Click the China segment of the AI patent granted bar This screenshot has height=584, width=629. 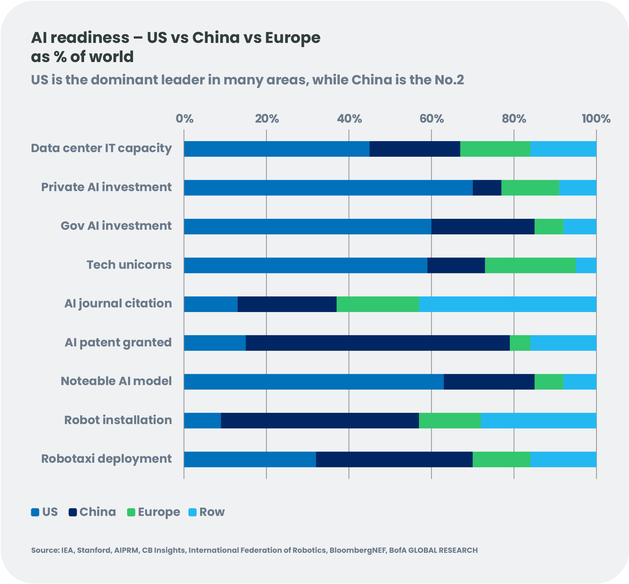[x=377, y=343]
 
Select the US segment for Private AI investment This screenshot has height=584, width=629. [x=328, y=188]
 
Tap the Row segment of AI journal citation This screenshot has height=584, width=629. [x=508, y=304]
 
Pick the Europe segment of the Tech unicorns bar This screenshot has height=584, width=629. [x=530, y=265]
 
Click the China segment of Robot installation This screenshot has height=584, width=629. [x=320, y=421]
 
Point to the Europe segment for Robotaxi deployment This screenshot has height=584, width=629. [x=501, y=460]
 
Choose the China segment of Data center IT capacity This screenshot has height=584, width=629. [x=415, y=149]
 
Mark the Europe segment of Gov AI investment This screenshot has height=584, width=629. [x=549, y=227]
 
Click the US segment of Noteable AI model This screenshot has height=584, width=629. [x=314, y=382]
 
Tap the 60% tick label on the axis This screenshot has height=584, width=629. [x=431, y=119]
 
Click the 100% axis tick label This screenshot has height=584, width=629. [x=596, y=119]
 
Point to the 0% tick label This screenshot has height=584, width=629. [x=184, y=119]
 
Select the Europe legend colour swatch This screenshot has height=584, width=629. [x=131, y=512]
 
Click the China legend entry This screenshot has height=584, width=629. [x=98, y=512]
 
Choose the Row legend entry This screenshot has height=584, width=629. [x=212, y=512]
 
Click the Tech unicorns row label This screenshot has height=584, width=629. [x=129, y=265]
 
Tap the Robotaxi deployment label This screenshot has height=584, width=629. [x=106, y=459]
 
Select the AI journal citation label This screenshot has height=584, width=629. [x=118, y=304]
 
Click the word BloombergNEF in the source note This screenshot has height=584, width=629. [x=357, y=550]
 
